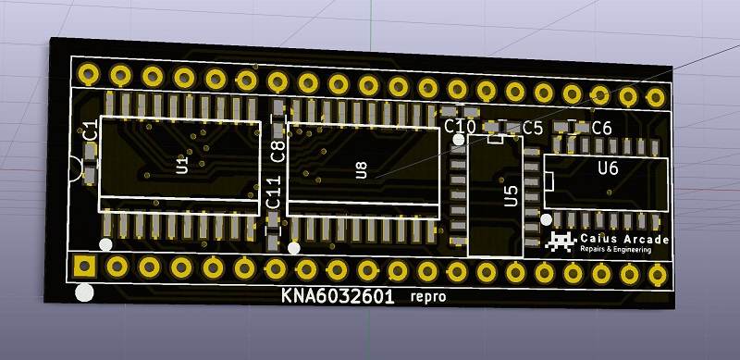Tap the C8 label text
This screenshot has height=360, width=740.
277,151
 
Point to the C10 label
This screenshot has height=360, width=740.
460,127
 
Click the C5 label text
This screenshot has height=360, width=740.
533,128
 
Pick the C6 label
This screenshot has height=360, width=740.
602,128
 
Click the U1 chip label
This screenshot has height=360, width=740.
182,165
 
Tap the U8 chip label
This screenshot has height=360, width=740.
361,170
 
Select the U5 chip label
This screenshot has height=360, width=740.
512,195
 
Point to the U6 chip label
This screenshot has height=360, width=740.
608,168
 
